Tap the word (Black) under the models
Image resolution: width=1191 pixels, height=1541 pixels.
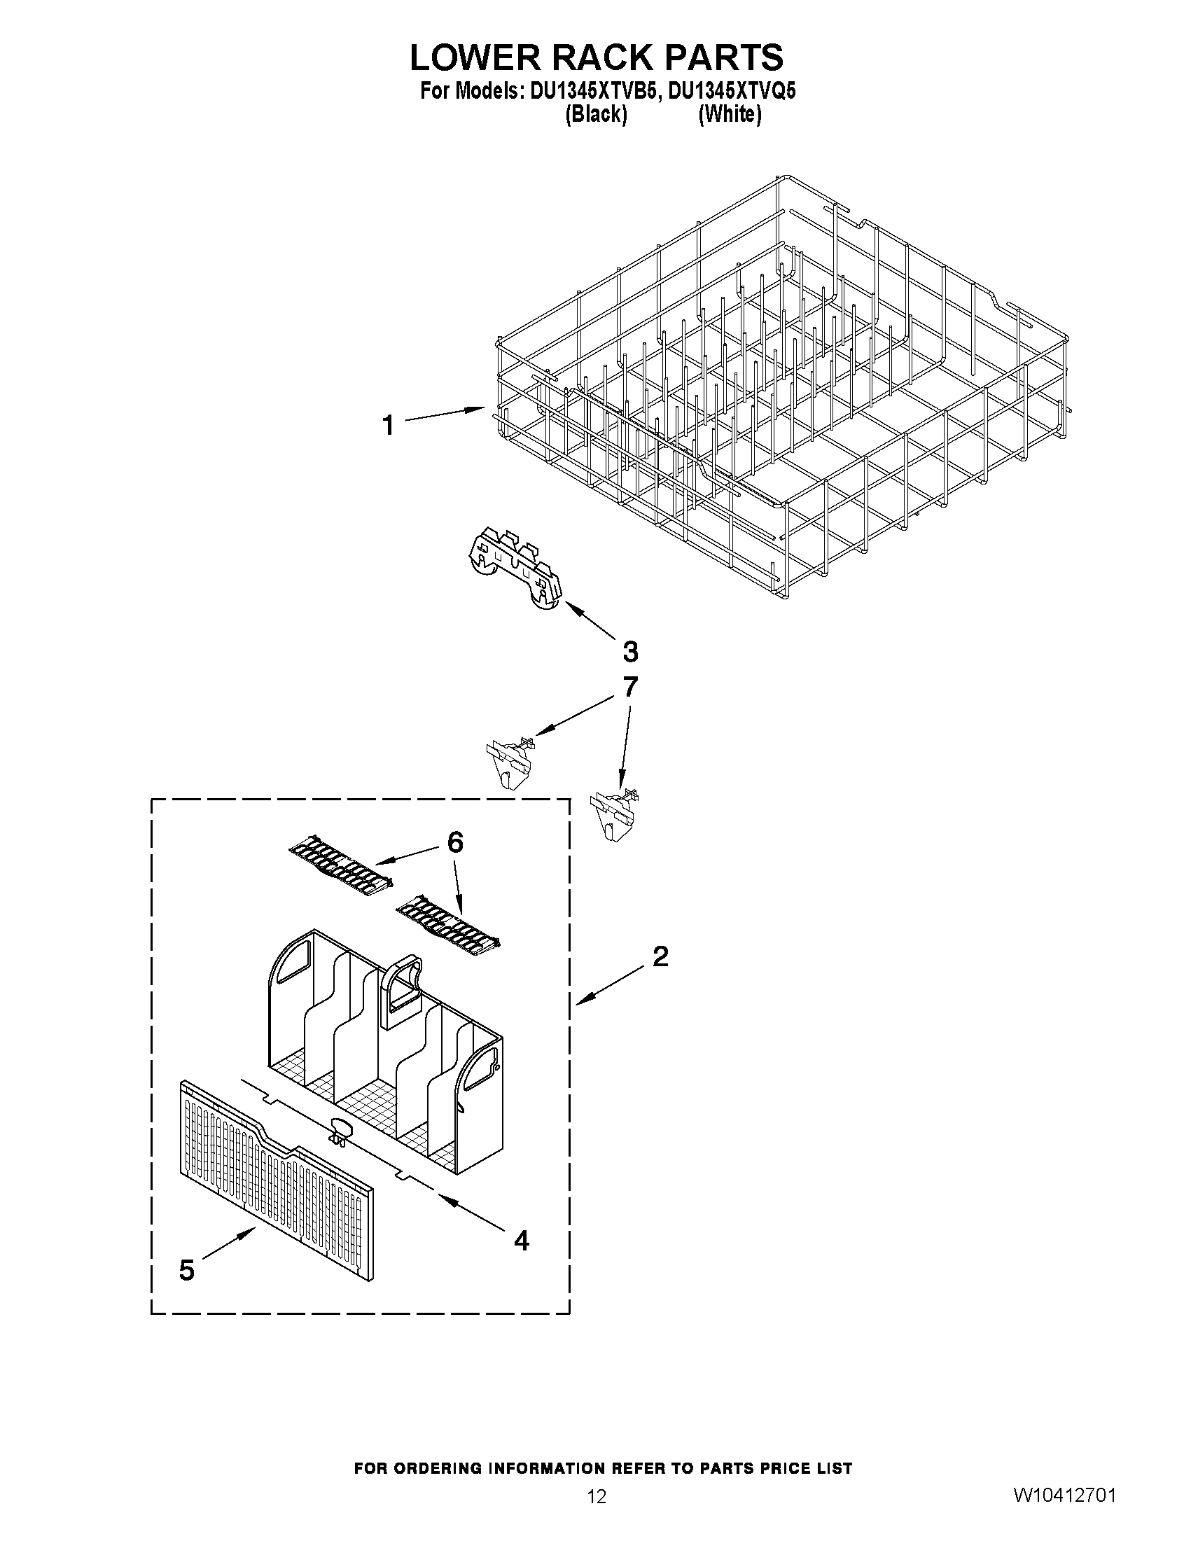click(x=597, y=114)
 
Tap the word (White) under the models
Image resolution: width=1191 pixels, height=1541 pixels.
click(x=730, y=114)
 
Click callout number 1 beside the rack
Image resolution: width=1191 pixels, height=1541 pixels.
click(x=388, y=426)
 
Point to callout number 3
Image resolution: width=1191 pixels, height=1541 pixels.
click(x=630, y=651)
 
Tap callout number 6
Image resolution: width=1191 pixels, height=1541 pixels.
click(x=455, y=842)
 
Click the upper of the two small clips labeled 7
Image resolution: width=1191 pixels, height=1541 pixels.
click(x=510, y=760)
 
